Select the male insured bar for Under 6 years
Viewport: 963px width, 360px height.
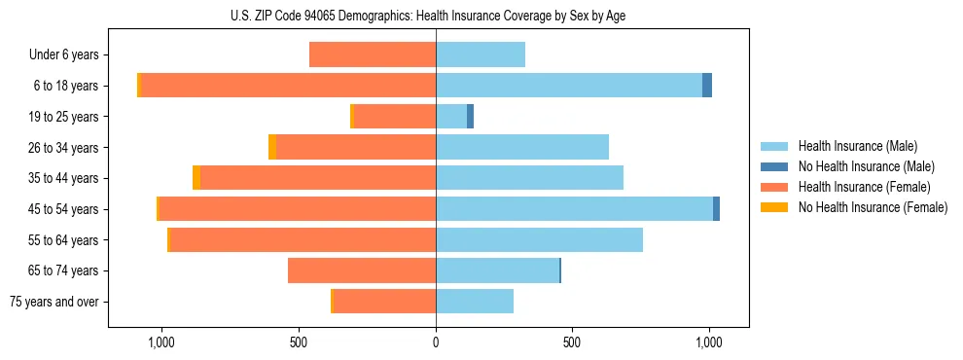[481, 54]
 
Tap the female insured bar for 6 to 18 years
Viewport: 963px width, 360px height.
[288, 86]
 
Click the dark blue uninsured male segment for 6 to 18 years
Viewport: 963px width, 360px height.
[707, 86]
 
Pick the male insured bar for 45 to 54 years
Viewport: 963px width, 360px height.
[574, 209]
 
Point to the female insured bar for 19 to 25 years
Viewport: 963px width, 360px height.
[395, 117]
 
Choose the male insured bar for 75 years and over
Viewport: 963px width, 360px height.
[475, 302]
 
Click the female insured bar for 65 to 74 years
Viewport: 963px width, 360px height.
[362, 270]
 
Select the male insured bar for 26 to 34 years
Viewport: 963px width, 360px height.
[522, 147]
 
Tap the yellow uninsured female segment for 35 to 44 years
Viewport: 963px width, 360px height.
[196, 178]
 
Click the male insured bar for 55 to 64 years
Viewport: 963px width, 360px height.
[539, 239]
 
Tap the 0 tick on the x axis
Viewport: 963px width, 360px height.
[436, 342]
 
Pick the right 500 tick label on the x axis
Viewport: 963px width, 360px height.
[572, 342]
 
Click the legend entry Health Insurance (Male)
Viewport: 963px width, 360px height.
[857, 146]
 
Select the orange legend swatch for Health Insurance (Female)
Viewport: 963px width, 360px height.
[774, 187]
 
